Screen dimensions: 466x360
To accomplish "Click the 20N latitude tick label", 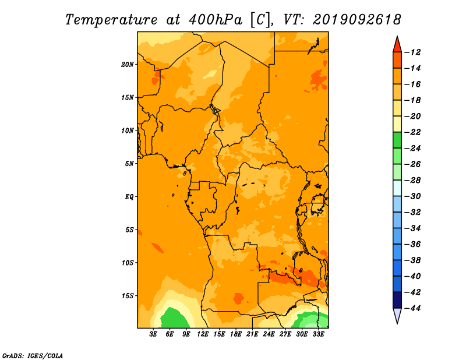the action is (x=128, y=65).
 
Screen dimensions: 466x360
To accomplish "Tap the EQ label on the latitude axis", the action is (x=129, y=197).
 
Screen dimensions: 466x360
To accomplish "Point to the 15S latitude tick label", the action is (x=128, y=296).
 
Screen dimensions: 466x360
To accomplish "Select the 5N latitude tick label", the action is (x=129, y=164).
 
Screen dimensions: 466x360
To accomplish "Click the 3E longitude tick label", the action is (x=153, y=334).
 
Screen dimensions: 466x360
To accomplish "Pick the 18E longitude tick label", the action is (x=236, y=334).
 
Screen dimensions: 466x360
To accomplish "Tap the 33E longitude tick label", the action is (x=318, y=334).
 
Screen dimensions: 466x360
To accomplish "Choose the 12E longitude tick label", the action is (x=203, y=334).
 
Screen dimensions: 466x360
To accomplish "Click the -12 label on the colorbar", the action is (x=413, y=52).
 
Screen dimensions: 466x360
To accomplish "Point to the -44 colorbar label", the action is (x=413, y=308).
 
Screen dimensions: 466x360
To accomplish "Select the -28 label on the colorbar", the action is (x=413, y=180).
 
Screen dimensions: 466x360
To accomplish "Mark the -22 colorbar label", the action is (x=413, y=132).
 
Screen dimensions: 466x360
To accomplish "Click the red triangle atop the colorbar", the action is (x=397, y=45).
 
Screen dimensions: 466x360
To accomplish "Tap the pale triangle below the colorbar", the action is (x=397, y=315).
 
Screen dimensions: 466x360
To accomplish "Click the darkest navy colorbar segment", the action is (x=397, y=300).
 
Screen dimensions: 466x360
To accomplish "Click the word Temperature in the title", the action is (x=111, y=20).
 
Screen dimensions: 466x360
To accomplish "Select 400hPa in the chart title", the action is (x=216, y=20).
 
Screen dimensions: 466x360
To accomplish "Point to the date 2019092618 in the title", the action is (x=357, y=20).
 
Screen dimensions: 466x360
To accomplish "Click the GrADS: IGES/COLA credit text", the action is (x=33, y=356).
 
